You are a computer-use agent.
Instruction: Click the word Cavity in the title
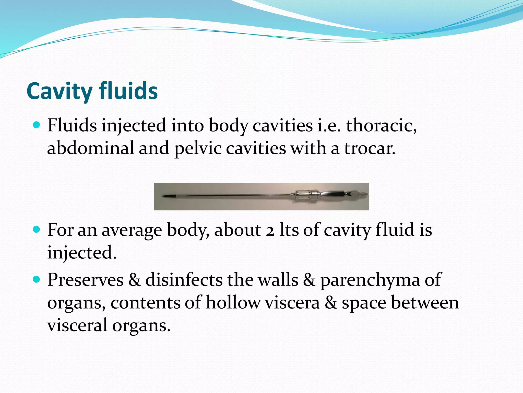coord(59,91)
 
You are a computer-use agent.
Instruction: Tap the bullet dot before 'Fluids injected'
coord(37,125)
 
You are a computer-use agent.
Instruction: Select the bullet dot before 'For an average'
coord(37,229)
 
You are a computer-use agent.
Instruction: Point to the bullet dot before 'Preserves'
coord(37,279)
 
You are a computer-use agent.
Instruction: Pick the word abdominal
coord(90,148)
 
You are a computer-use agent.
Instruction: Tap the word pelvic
coord(198,149)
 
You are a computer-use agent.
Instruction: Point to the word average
coord(132,230)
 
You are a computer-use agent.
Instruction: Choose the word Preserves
coord(85,280)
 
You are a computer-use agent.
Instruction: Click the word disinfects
coord(184,280)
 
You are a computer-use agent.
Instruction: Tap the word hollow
coord(233,303)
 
